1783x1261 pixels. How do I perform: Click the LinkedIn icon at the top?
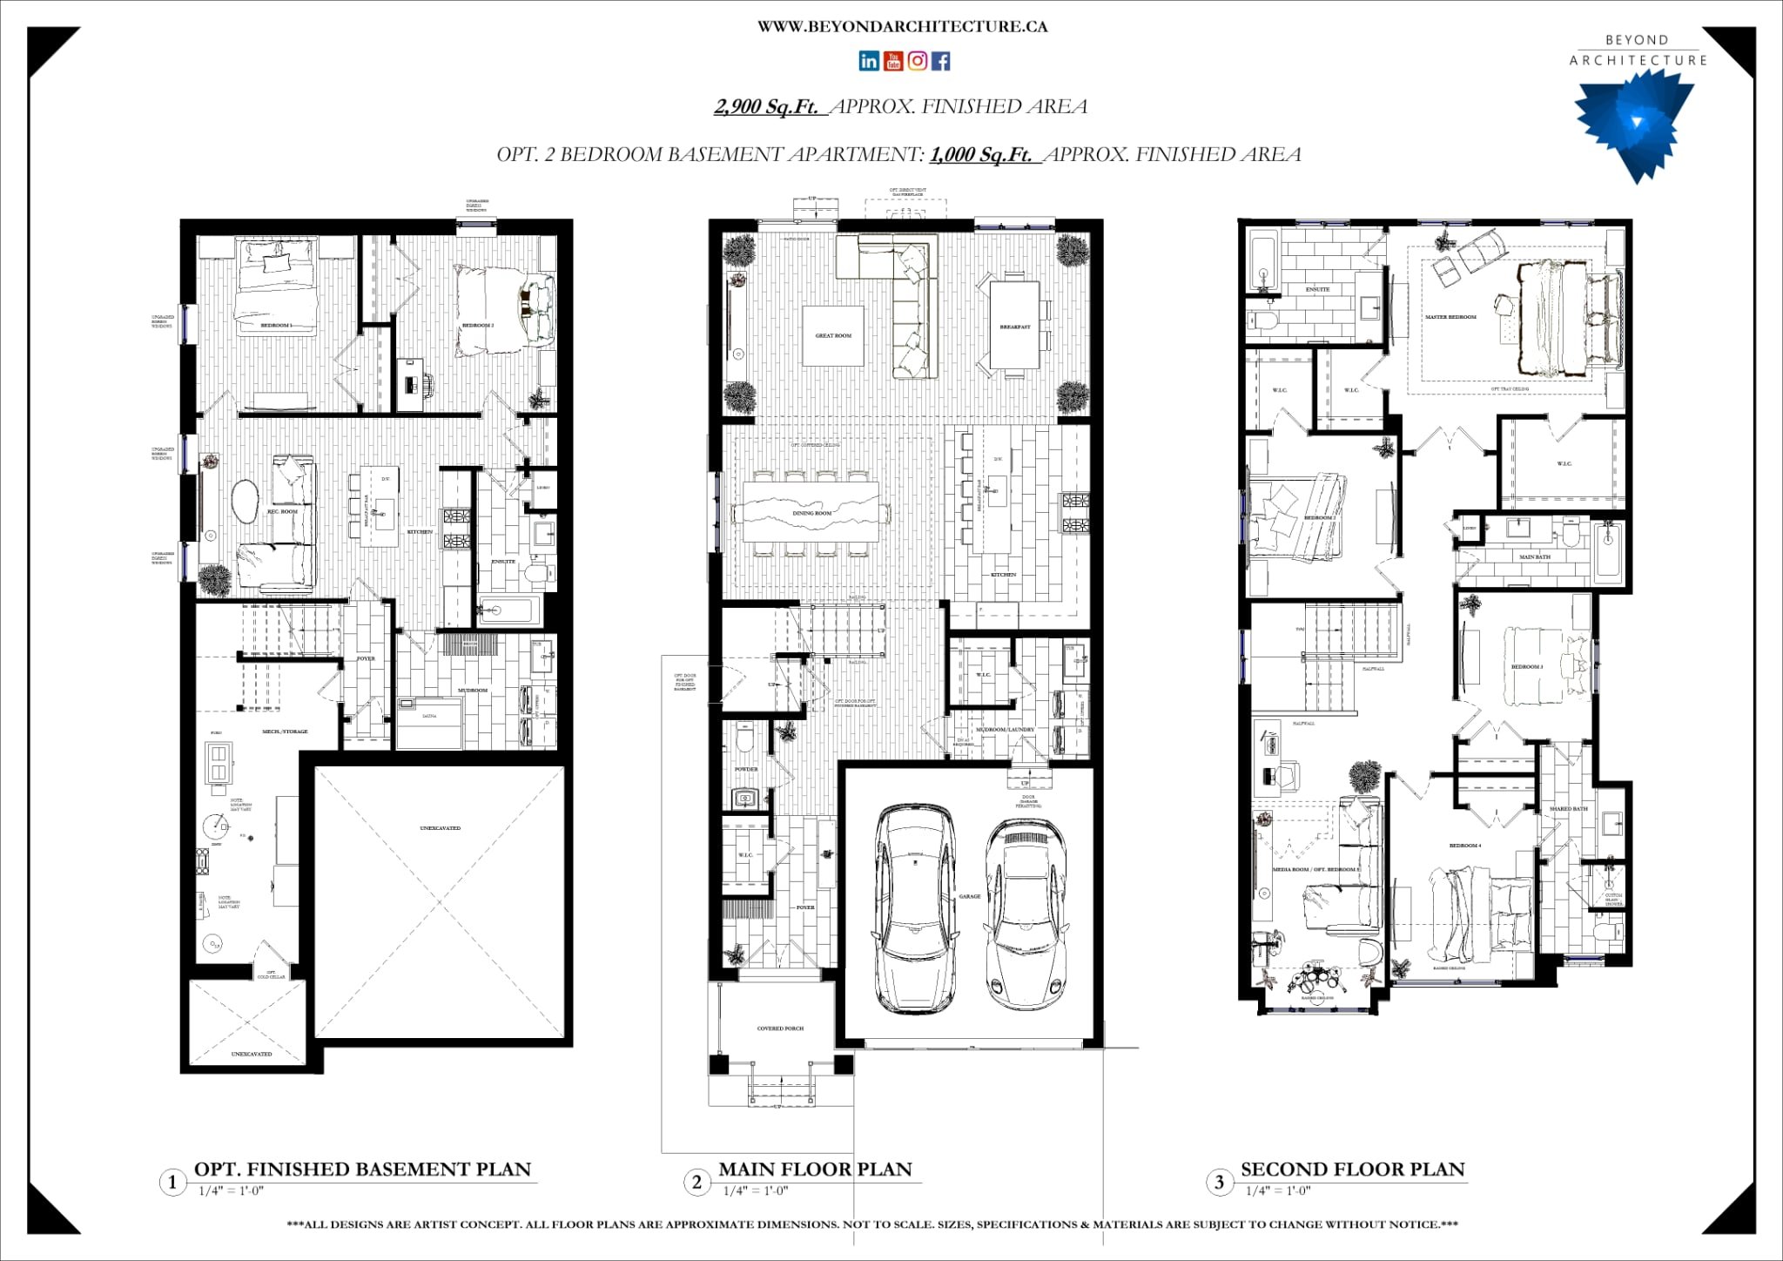[x=868, y=60]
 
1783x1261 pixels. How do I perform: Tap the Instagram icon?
[x=917, y=60]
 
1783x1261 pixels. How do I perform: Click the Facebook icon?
[x=941, y=60]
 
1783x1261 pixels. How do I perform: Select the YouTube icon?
[x=892, y=60]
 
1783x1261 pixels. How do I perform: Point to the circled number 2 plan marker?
[x=696, y=1182]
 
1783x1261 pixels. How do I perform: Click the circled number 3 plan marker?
[x=1219, y=1182]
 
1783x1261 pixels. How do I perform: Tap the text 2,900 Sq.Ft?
[x=766, y=107]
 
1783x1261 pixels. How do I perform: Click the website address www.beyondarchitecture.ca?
[x=902, y=27]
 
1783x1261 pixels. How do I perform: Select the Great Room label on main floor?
[x=833, y=335]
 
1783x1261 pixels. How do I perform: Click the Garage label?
[x=970, y=896]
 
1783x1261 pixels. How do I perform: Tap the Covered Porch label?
[x=780, y=1028]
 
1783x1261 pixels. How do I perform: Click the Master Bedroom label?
[x=1450, y=317]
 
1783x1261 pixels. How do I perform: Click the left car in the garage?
[x=913, y=906]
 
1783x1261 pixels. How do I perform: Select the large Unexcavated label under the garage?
[x=441, y=828]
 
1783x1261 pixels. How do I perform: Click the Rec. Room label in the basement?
[x=282, y=512]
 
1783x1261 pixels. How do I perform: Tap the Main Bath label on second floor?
[x=1535, y=556]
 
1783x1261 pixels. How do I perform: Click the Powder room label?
[x=746, y=769]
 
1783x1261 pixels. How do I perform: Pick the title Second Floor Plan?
[x=1352, y=1170]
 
